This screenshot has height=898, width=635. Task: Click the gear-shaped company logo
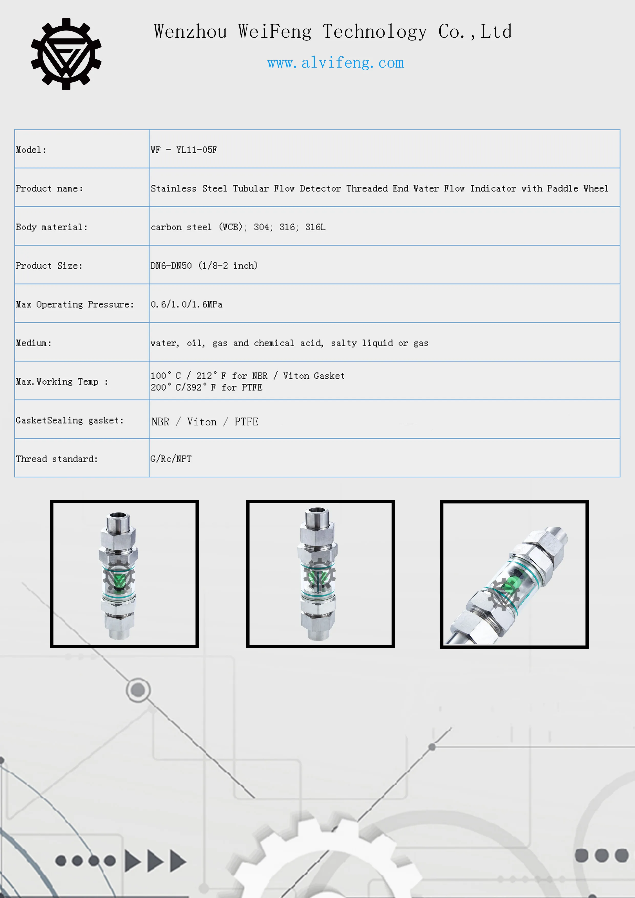pos(66,54)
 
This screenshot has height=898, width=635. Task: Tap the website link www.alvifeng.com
pos(335,63)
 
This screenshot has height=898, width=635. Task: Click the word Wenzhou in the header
pos(190,32)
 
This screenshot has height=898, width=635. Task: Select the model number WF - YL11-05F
pos(184,150)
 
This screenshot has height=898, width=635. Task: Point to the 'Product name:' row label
pos(49,188)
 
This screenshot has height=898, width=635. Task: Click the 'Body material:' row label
pos(52,227)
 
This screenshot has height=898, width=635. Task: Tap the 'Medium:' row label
pos(34,343)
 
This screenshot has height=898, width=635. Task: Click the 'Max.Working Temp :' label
pos(62,382)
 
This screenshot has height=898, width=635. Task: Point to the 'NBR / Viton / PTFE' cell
pos(205,422)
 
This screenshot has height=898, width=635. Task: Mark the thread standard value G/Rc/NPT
pos(171,459)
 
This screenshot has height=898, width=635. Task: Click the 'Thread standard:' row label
pos(57,459)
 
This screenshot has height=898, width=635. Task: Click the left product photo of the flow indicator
pos(124,574)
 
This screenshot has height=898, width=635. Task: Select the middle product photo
pos(320,574)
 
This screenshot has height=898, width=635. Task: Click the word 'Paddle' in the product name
pos(562,188)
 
